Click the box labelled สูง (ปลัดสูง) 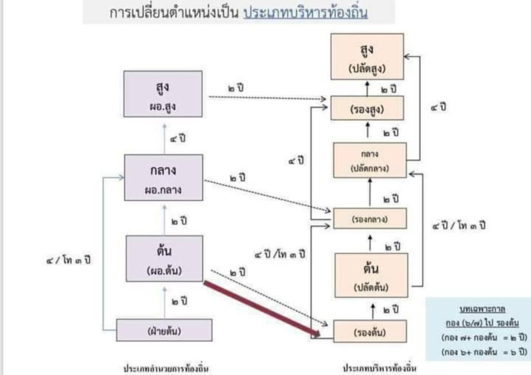(x=367, y=56)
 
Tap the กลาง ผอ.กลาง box (x=163, y=178)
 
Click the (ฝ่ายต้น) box (x=164, y=330)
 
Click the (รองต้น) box (x=370, y=331)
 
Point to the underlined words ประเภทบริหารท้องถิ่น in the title (x=306, y=13)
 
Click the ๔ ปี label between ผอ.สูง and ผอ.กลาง (x=178, y=139)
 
